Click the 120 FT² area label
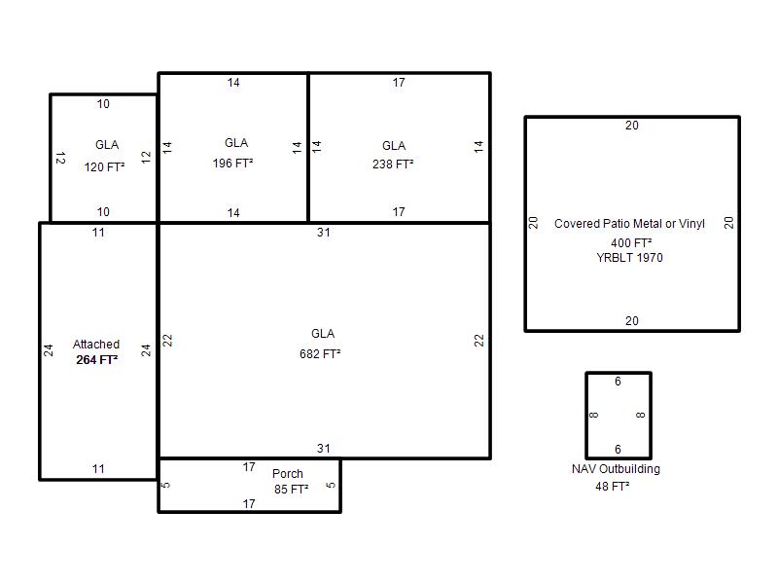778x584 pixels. (x=104, y=166)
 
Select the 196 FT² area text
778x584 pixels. (x=232, y=163)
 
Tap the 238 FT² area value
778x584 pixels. (x=393, y=164)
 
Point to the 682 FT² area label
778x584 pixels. (x=320, y=353)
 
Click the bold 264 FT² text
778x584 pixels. (x=96, y=359)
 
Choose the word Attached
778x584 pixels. (x=96, y=345)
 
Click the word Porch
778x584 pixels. (x=288, y=474)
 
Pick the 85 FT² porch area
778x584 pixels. (x=291, y=490)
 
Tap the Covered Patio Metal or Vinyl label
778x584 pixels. (x=629, y=224)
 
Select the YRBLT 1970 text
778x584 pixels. (x=629, y=258)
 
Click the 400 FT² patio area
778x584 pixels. (x=631, y=242)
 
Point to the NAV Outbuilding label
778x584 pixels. (x=616, y=469)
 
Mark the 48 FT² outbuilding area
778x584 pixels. (x=613, y=486)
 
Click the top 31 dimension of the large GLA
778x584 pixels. (x=324, y=233)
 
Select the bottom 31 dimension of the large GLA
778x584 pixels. (x=324, y=449)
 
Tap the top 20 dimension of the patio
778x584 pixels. (x=631, y=126)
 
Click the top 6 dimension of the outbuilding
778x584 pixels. (x=618, y=382)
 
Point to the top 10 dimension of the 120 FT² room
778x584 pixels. (x=103, y=104)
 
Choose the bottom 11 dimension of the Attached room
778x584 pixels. (x=98, y=469)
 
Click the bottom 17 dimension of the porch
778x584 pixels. (x=249, y=504)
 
